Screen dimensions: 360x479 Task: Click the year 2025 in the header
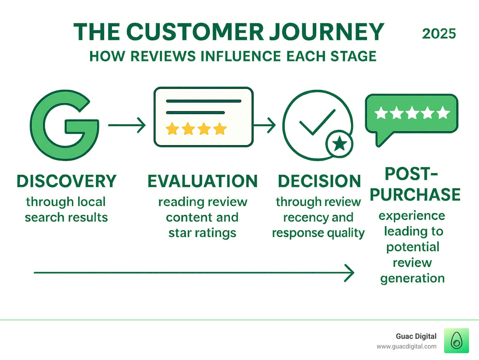point(439,34)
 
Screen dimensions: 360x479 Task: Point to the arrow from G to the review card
point(127,125)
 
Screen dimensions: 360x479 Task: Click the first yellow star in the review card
point(172,129)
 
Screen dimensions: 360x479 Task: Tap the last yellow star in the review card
point(220,129)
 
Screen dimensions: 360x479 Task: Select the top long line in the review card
point(204,101)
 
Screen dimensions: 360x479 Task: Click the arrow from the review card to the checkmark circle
point(264,125)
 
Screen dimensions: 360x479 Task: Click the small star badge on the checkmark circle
point(339,144)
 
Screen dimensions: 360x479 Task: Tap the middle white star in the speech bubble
point(412,113)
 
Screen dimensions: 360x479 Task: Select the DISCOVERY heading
point(66,181)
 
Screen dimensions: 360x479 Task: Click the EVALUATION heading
point(203,181)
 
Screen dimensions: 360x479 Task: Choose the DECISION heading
point(319,181)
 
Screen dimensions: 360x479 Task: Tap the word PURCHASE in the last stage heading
point(415,195)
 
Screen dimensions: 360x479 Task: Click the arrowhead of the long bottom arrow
point(350,273)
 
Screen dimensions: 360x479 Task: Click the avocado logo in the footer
point(456,341)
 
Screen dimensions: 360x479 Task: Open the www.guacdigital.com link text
point(406,347)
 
